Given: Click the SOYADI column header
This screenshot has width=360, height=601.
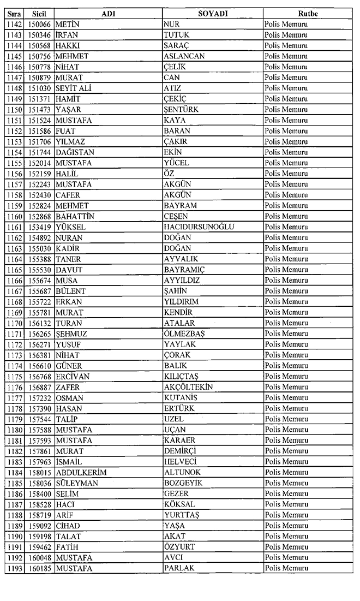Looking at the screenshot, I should pos(213,13).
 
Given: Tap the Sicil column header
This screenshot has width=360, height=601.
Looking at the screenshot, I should pos(39,13).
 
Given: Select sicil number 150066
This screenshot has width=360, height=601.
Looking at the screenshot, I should pos(39,23).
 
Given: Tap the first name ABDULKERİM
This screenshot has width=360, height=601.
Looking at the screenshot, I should pos(81,472).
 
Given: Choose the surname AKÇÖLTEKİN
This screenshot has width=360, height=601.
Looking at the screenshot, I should pos(188,387).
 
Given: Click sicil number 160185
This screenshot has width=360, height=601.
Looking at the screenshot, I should pos(39,568).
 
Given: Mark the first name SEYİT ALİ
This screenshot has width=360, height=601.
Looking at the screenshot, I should pos(73,88).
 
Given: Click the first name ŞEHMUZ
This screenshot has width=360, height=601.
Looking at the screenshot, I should pos(71,334).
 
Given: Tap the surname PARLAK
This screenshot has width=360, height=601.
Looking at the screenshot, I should pos(179,568).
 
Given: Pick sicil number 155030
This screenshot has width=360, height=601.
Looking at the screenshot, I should pos(39,248).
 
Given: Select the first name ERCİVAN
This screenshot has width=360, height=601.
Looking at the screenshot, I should pos(73,376).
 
